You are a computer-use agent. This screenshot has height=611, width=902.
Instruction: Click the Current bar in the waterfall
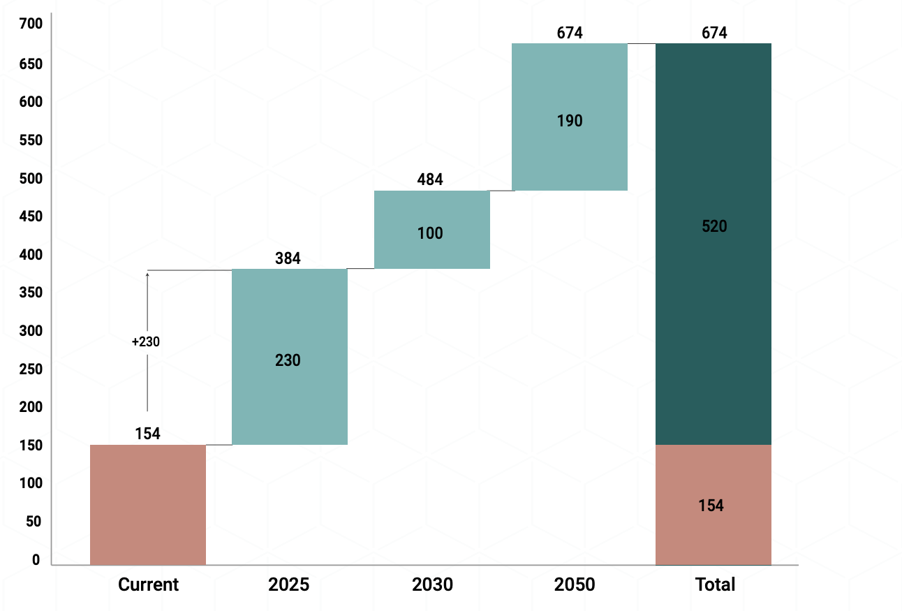(148, 504)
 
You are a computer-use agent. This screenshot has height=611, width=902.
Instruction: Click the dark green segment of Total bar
(713, 279)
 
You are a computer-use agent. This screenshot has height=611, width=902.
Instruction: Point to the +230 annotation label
(146, 342)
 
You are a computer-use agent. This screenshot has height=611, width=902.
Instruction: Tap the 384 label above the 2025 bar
(288, 259)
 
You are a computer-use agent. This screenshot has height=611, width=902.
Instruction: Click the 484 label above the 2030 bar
(430, 180)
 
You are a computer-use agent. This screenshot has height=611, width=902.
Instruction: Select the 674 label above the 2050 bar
(570, 33)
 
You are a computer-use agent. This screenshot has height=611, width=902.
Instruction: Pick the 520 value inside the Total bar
(714, 226)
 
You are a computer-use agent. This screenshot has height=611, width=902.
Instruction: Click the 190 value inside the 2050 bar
(570, 121)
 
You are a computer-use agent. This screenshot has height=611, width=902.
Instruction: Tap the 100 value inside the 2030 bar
(430, 233)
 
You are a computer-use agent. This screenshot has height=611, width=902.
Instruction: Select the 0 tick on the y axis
(36, 560)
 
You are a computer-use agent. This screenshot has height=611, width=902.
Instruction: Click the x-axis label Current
(148, 584)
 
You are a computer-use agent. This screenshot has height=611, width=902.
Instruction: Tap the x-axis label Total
(715, 584)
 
